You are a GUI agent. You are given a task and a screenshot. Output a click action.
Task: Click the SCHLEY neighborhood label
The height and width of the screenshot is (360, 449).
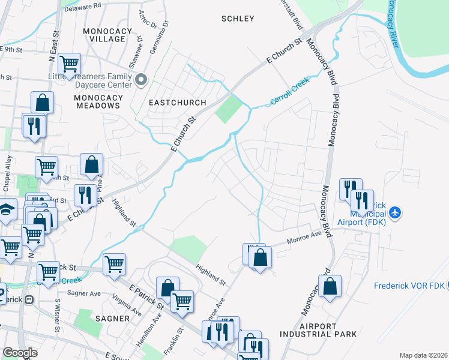(x=238, y=19)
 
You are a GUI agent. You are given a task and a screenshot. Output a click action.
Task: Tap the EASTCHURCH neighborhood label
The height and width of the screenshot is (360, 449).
(x=178, y=103)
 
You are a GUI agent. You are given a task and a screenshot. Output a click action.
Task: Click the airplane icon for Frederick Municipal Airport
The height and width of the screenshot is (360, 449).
(x=394, y=212)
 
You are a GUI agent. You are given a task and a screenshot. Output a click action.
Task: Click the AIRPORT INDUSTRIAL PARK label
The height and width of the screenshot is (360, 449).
(x=319, y=330)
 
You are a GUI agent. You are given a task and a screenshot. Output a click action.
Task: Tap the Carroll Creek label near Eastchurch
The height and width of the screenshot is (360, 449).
(x=289, y=92)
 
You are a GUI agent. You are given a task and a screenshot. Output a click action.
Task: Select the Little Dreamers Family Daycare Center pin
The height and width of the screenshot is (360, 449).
(x=142, y=79)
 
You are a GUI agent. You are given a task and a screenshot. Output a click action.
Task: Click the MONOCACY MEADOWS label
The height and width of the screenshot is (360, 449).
(x=98, y=101)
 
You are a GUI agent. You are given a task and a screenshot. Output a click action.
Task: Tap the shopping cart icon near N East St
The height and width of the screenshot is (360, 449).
(x=70, y=62)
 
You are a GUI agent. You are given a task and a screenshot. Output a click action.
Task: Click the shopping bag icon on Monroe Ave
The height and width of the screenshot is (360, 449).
(x=261, y=258)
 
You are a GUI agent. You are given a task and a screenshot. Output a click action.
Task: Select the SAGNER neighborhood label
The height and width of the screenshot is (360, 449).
(x=113, y=318)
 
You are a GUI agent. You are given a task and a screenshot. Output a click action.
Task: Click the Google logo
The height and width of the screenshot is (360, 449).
(x=20, y=353)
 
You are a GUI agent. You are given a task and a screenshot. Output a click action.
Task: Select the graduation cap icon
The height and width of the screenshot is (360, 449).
(x=6, y=210)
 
